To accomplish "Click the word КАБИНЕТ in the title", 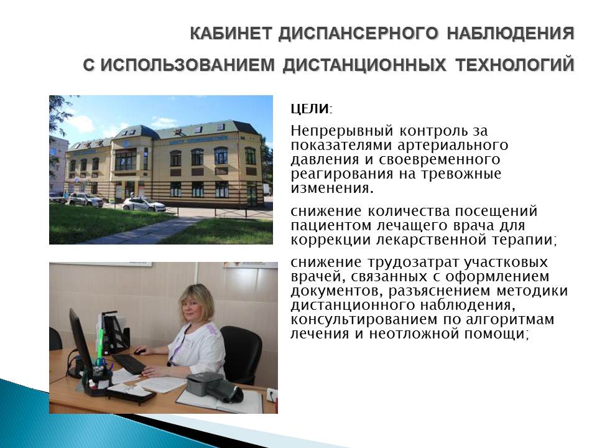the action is pos(231,33).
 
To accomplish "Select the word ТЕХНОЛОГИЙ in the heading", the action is pos(515,64).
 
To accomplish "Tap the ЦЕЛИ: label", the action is pos(312,109).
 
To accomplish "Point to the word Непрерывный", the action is pos(341,131).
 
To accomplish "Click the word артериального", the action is pos(453,145).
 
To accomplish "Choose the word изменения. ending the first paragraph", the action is pos(332,188).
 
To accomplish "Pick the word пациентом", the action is pos(331,225).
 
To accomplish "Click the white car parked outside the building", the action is pos(144,204).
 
